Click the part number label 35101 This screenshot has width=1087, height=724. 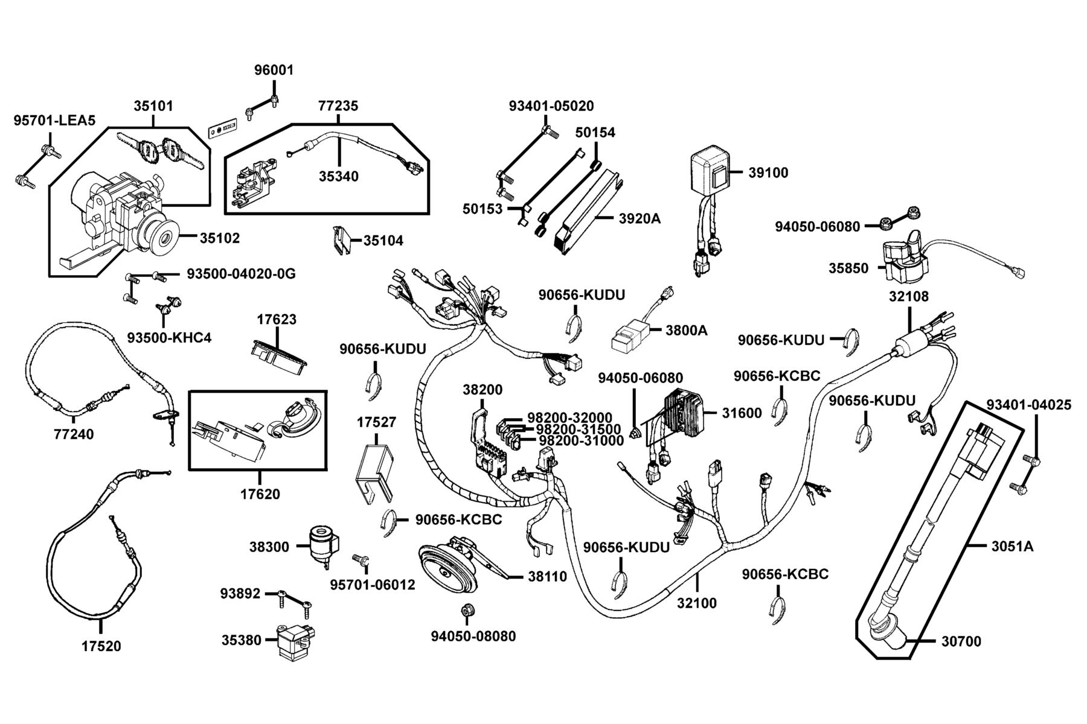tap(153, 106)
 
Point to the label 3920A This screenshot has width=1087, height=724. tap(640, 218)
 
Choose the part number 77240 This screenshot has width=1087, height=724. tap(74, 434)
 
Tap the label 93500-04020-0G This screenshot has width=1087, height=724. tap(241, 274)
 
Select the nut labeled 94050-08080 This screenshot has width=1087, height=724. tap(466, 611)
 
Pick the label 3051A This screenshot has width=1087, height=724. tap(1012, 547)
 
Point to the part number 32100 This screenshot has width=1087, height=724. tap(696, 603)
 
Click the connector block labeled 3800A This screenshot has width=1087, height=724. tap(630, 335)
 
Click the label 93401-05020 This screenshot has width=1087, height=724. tap(551, 106)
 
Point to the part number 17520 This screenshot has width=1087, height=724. tap(101, 646)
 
